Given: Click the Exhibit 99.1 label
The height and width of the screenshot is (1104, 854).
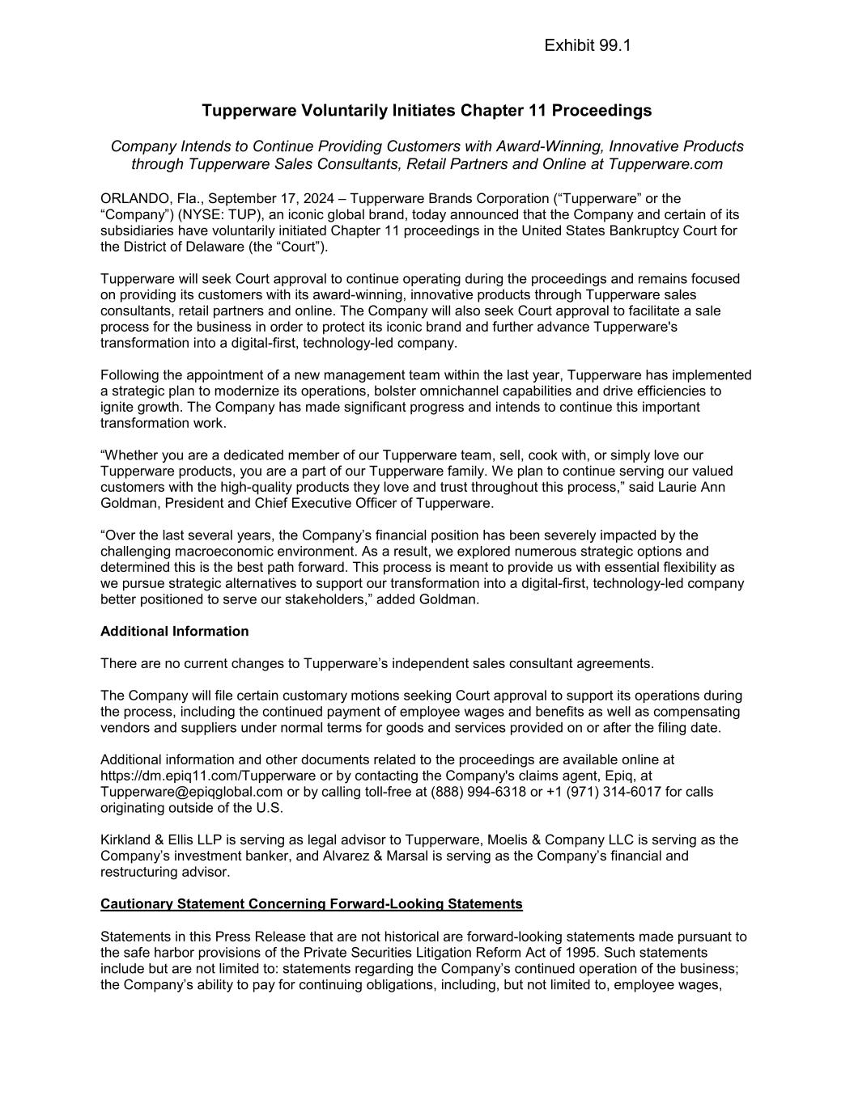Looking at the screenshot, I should click(587, 46).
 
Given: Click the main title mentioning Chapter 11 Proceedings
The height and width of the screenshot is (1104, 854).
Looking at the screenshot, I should click(427, 110).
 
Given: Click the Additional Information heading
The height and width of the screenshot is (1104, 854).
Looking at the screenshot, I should click(174, 632).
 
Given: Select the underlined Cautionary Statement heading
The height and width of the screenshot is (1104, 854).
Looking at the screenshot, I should click(311, 904).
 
